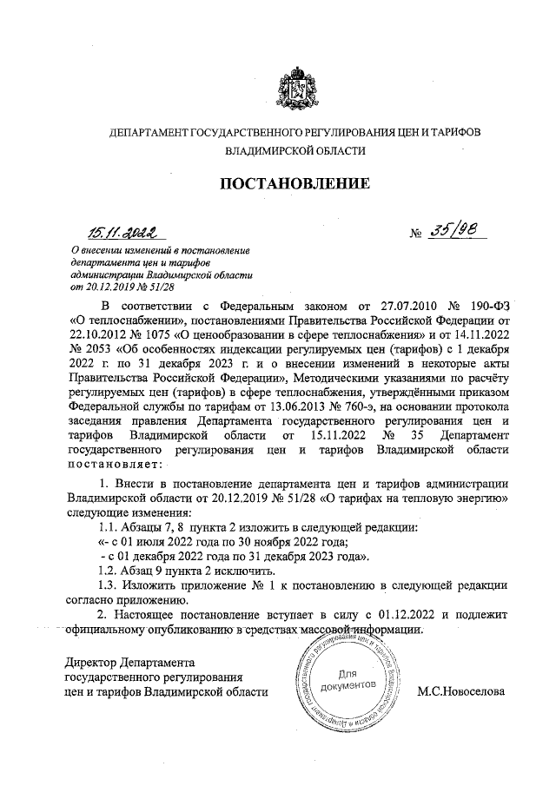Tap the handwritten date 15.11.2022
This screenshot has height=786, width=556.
click(x=122, y=232)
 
